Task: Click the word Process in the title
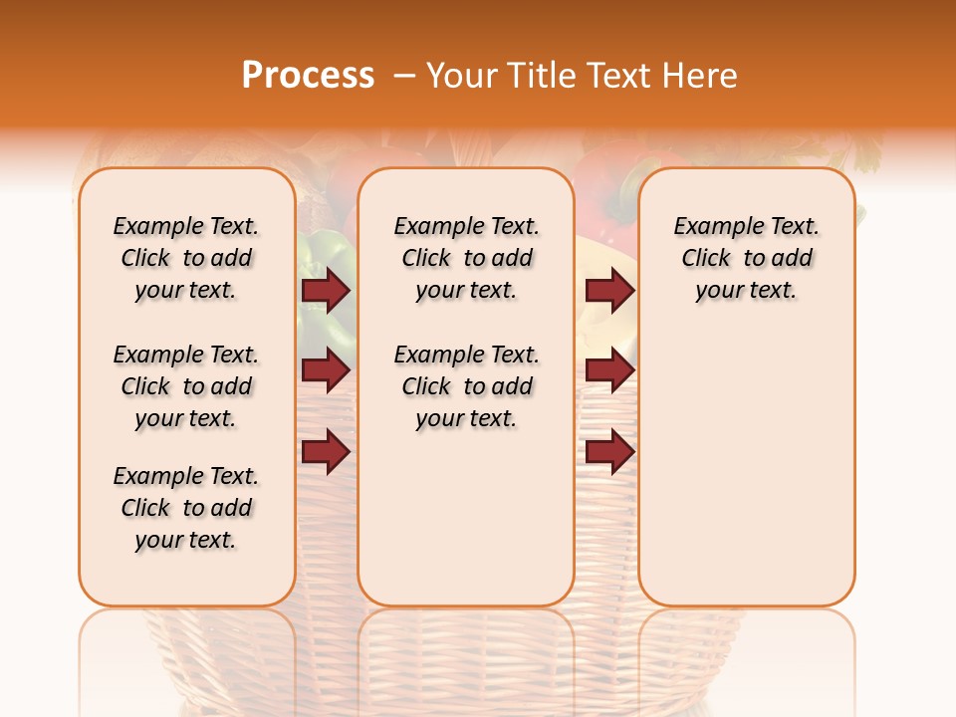coord(308,76)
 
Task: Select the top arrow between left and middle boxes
coord(326,291)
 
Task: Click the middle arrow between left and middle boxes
coord(326,371)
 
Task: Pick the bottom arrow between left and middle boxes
coord(326,452)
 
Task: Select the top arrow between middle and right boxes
coord(609,291)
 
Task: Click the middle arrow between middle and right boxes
coord(609,371)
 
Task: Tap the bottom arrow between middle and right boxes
coord(609,452)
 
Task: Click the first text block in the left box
coord(186,258)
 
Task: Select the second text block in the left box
coord(186,386)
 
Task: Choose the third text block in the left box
coord(186,508)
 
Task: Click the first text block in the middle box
coord(466,258)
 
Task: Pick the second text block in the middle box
coord(466,386)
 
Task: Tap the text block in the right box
coord(746,258)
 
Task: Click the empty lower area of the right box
coord(746,478)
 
